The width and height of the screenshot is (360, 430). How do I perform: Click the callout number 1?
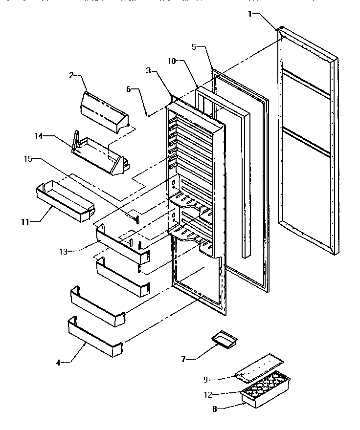250,14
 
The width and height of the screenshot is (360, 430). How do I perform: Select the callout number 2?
71,75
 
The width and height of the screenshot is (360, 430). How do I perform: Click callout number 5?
194,47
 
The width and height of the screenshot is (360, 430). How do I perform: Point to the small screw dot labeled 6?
148,115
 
